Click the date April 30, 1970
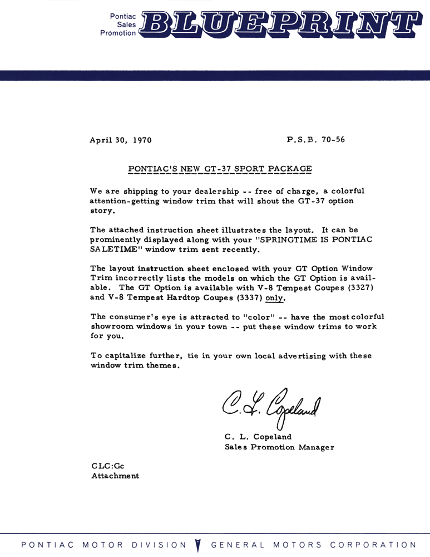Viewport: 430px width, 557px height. click(121, 140)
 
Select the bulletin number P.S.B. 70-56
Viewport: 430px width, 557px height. click(316, 140)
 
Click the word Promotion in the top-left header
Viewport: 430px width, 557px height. click(118, 33)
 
